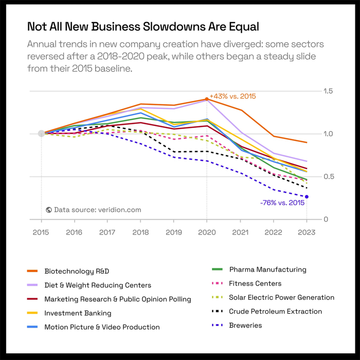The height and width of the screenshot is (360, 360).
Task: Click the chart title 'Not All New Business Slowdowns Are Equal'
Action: tap(143, 26)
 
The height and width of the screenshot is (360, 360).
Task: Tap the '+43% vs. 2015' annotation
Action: tap(233, 96)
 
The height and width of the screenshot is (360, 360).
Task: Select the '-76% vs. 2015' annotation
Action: tap(282, 203)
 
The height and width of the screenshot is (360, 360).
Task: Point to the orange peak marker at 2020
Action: tap(207, 99)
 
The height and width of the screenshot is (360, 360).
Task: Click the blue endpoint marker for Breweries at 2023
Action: tap(307, 196)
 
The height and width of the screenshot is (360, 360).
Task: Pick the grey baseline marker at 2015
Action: tap(41, 134)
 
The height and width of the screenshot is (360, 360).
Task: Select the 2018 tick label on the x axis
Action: tap(140, 232)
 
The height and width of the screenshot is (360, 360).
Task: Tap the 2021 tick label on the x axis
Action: tap(240, 232)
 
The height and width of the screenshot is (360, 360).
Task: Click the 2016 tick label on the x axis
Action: tap(74, 232)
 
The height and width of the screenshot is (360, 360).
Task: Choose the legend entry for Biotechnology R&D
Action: tap(77, 271)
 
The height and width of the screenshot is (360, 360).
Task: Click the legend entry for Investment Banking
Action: tap(78, 313)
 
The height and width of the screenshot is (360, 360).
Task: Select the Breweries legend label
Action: tap(245, 325)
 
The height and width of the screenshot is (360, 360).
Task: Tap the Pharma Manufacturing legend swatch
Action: tap(217, 269)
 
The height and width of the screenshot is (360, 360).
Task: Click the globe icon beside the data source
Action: tap(49, 210)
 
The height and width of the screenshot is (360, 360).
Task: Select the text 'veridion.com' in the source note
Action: tap(119, 210)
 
